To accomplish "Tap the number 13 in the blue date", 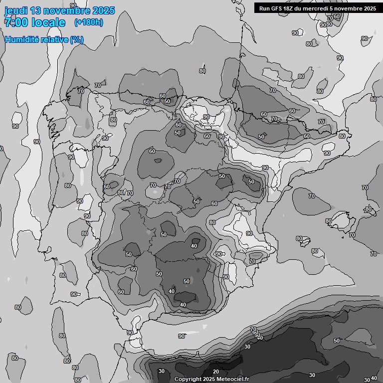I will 36,10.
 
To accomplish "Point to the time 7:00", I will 16,22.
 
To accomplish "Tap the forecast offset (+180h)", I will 89,22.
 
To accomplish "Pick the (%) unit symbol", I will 77,39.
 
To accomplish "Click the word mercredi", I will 318,8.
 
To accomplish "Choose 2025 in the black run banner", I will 370,8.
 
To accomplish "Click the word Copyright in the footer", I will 187,380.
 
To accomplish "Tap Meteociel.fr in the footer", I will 232,380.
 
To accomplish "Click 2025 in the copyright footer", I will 208,380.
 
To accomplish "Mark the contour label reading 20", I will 216,372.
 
